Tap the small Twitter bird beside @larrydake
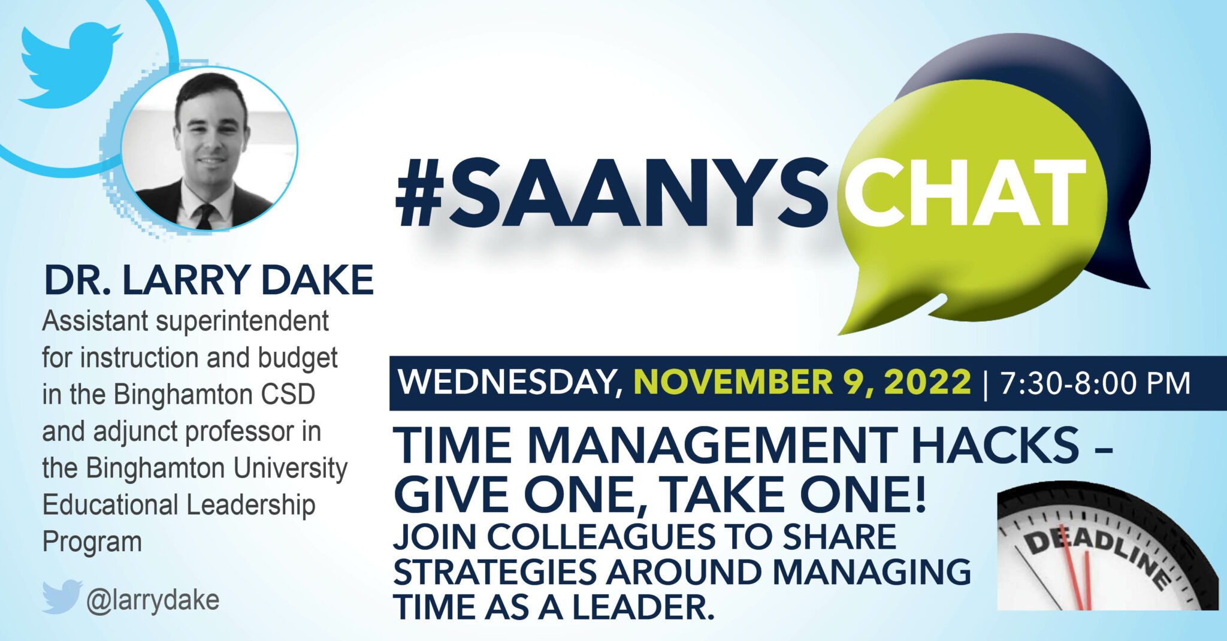62,597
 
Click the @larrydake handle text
153,599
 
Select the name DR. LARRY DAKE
208,280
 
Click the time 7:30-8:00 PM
1095,382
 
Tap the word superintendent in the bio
242,322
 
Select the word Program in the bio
92,542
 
